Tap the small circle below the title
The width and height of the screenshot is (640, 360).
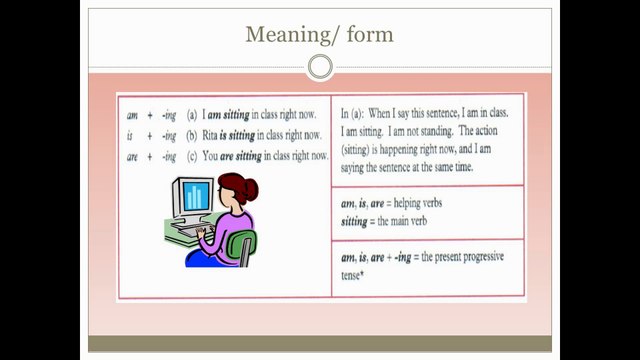[x=320, y=67]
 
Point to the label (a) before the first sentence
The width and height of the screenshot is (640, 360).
[x=191, y=114]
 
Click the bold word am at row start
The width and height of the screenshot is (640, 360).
[x=131, y=114]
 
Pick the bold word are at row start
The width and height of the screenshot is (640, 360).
[x=131, y=155]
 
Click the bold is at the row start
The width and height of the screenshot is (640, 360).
[x=130, y=134]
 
